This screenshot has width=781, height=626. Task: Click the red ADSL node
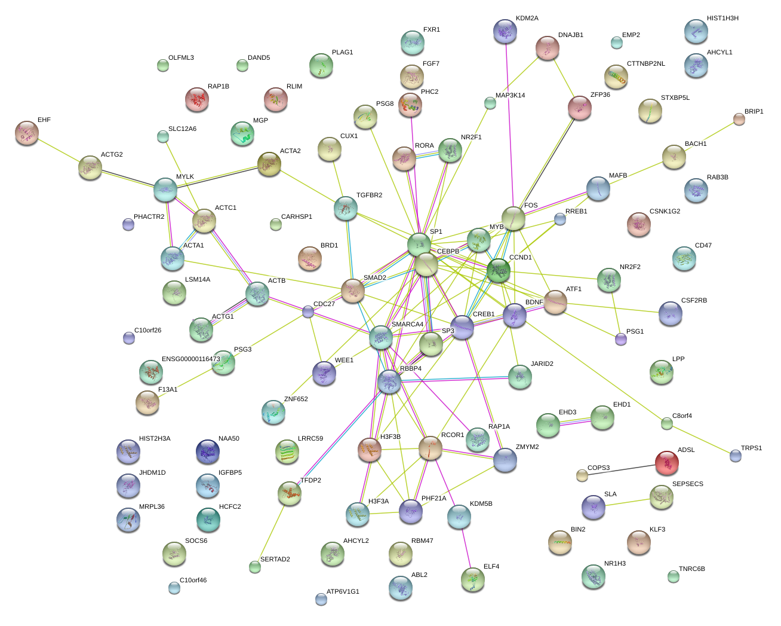click(666, 462)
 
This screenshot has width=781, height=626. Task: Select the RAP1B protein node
click(197, 99)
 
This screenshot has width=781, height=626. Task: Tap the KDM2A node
click(506, 31)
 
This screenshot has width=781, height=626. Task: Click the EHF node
click(27, 133)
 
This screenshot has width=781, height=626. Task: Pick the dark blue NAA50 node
click(207, 451)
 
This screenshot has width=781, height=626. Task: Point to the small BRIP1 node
click(739, 119)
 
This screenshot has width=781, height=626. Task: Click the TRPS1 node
click(736, 456)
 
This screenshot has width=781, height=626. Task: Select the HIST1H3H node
click(696, 31)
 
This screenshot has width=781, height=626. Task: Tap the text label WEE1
click(344, 361)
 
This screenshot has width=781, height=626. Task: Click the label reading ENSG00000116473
click(190, 359)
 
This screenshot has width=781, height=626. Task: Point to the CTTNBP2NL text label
click(645, 64)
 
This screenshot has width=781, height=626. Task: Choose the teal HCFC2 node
click(208, 520)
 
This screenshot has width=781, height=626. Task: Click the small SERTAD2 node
click(255, 567)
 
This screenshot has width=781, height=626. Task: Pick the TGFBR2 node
click(346, 207)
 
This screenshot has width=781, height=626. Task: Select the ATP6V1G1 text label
click(343, 592)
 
